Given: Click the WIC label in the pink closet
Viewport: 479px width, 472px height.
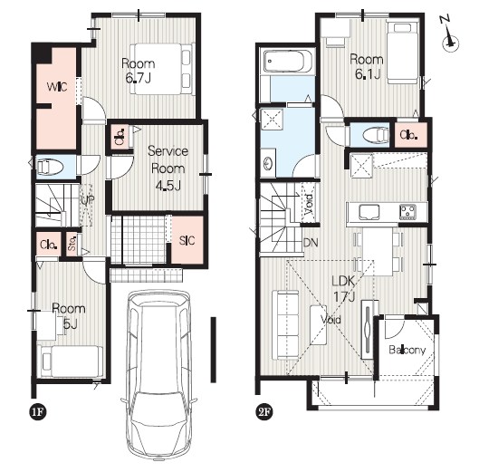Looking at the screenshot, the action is click(57, 87).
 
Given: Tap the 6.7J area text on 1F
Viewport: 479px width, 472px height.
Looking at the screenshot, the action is click(138, 78).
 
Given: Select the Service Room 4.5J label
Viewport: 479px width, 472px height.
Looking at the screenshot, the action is click(168, 169).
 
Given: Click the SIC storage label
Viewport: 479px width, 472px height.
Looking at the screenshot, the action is click(187, 240).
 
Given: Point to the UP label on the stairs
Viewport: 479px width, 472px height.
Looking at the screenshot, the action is click(88, 200).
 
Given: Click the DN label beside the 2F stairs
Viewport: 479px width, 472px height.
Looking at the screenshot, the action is click(311, 243).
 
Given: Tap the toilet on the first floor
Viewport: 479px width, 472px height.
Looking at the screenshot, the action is click(50, 168).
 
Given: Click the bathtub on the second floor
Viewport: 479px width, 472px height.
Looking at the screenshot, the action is click(287, 61).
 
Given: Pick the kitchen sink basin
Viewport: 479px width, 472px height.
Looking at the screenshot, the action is click(369, 212).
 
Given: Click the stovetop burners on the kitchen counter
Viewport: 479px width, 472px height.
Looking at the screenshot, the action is click(407, 212).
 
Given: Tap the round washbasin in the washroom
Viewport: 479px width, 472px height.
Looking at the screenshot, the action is click(268, 163).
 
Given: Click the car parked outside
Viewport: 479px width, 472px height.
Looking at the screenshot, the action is click(158, 375).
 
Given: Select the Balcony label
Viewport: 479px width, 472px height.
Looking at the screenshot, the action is click(407, 350).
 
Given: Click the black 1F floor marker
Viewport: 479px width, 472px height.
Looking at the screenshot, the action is click(38, 412).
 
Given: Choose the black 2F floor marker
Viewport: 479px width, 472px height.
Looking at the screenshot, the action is click(264, 412).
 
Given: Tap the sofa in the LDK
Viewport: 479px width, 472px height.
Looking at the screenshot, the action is click(285, 325).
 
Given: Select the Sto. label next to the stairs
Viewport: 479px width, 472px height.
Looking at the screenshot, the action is click(72, 243).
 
